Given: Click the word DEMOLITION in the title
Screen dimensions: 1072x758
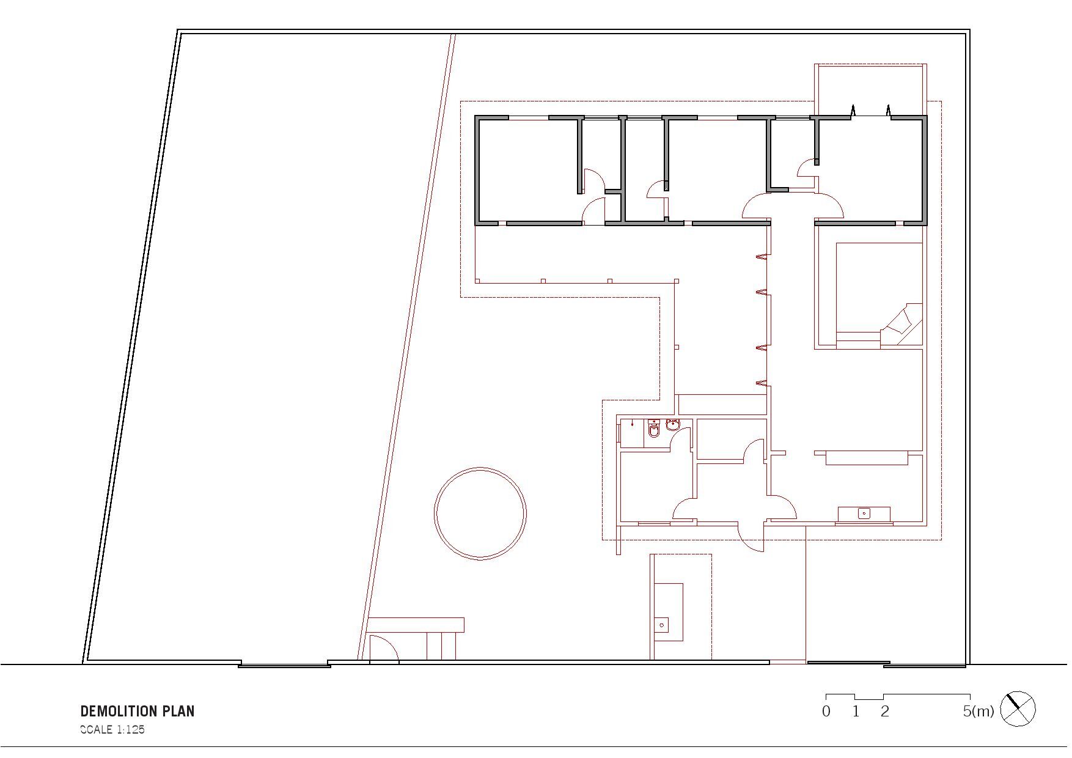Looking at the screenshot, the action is (119, 711).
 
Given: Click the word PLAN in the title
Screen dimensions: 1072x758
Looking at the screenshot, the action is (178, 711).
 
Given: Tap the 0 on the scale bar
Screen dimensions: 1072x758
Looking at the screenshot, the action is (826, 711).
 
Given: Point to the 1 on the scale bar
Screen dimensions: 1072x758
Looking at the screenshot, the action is (856, 711).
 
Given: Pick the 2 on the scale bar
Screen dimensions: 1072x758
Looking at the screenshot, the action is (884, 711).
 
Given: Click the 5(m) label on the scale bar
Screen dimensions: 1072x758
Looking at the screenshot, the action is (978, 711).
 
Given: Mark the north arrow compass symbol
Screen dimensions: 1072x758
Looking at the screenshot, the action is (1018, 709).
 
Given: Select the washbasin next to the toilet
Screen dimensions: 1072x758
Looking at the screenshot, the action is (673, 425).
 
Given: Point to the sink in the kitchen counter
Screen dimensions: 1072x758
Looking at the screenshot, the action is (864, 513).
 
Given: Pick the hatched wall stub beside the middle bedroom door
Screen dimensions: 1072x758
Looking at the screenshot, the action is (666, 186).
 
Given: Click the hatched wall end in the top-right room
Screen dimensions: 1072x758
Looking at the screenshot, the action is (816, 161).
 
